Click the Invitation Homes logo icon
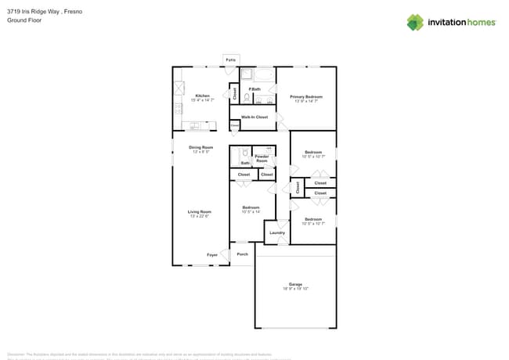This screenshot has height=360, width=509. tap(415, 22)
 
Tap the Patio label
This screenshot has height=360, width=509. tap(230, 59)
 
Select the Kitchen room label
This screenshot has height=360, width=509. tap(203, 95)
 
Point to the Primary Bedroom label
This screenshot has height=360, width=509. tap(308, 96)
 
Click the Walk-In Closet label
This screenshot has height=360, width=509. tap(254, 117)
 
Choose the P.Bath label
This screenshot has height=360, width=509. tap(254, 89)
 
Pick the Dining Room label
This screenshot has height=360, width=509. tap(201, 147)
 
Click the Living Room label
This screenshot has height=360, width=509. tap(200, 211)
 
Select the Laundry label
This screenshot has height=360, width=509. tap(277, 232)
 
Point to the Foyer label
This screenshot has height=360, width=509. tap(212, 254)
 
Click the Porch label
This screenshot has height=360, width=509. tap(243, 254)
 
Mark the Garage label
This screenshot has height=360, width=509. tap(295, 284)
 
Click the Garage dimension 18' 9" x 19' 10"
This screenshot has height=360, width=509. tap(295, 289)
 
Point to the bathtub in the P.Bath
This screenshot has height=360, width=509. tap(263, 75)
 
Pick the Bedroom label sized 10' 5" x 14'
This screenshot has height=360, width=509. tap(251, 207)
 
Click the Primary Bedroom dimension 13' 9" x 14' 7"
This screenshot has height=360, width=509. tap(308, 101)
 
